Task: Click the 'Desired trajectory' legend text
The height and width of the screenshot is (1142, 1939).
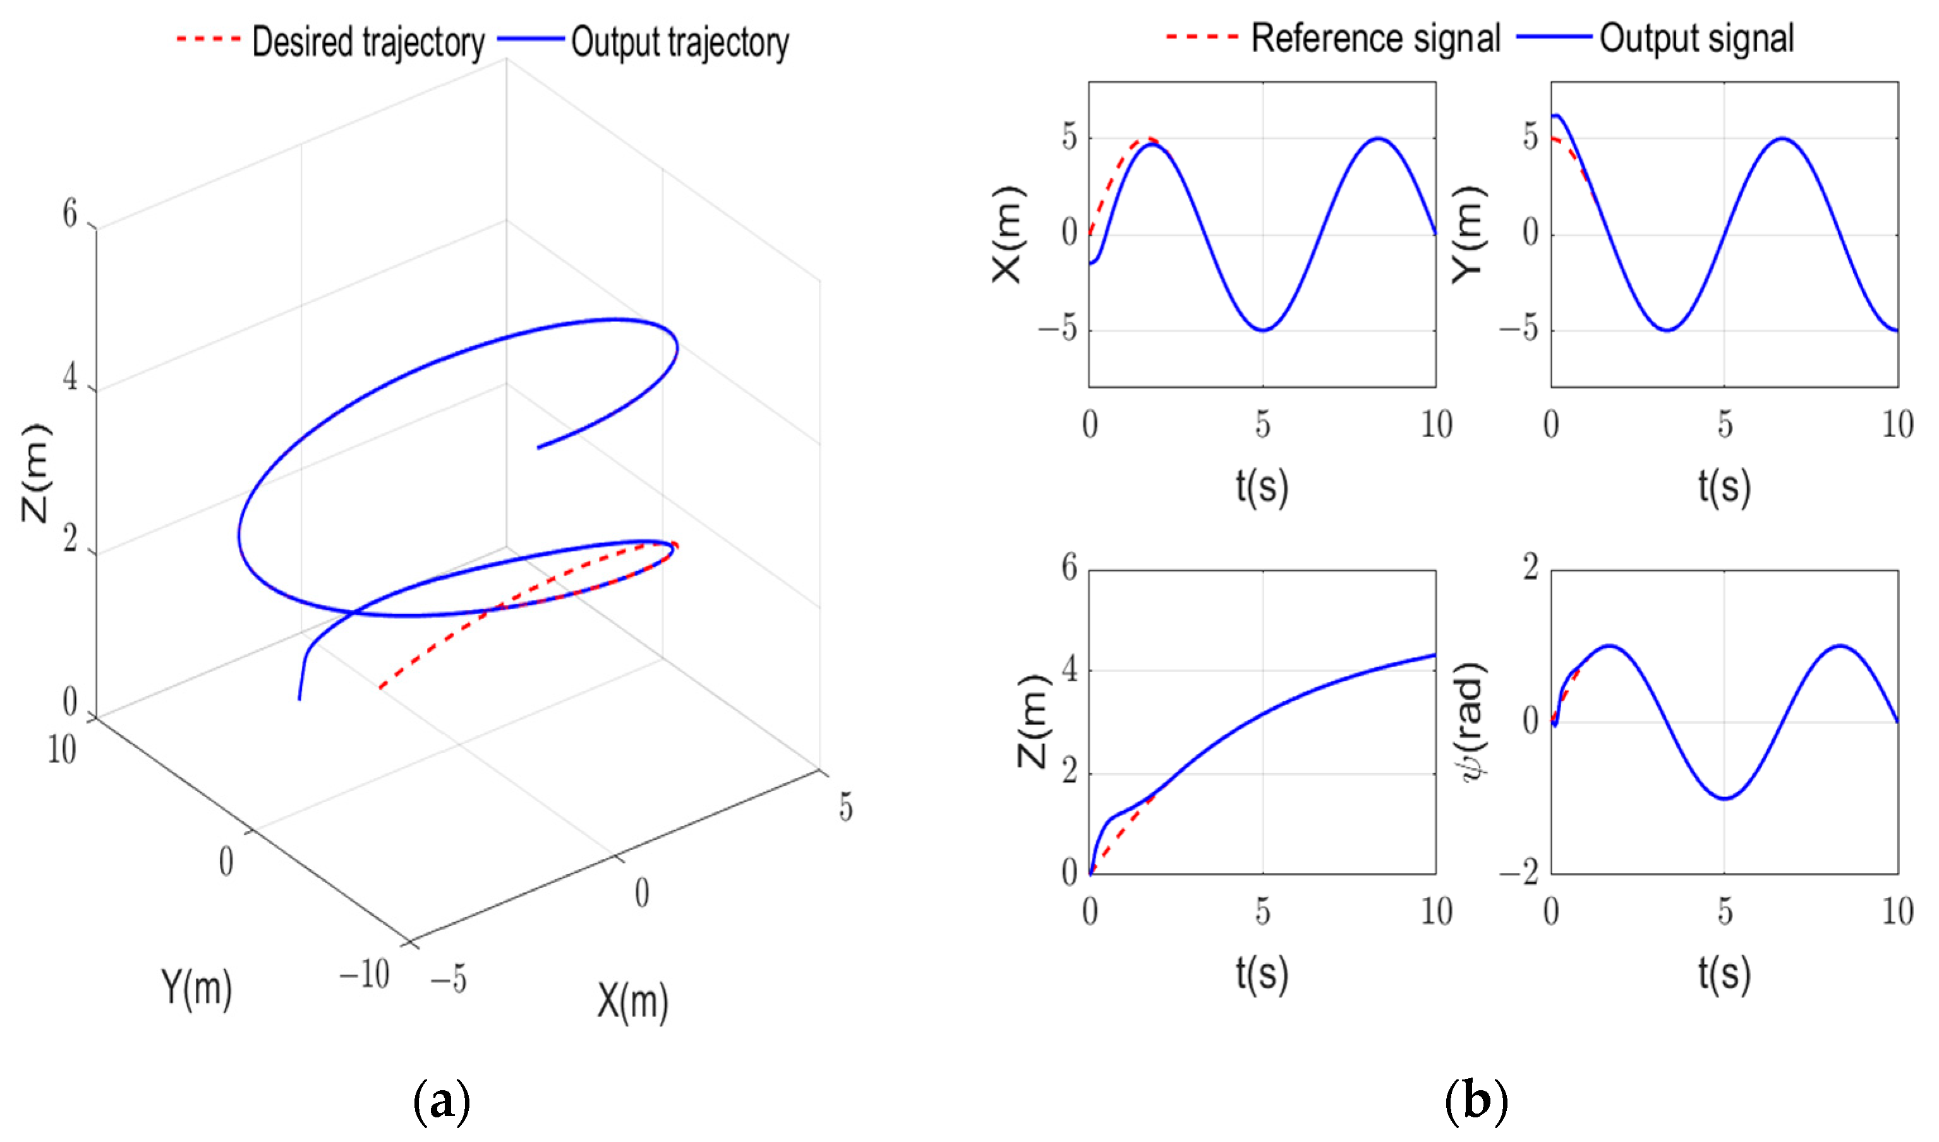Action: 368,42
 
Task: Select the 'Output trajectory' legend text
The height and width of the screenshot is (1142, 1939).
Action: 680,42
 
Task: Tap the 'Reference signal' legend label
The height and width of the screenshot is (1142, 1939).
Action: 1375,39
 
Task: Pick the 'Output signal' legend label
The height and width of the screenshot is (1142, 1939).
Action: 1696,39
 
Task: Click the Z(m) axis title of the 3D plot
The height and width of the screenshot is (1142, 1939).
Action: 35,472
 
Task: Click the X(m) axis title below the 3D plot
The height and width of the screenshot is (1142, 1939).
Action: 632,1002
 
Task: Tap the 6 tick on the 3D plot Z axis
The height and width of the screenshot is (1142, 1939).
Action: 70,214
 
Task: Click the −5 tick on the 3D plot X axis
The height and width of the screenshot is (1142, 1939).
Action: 448,980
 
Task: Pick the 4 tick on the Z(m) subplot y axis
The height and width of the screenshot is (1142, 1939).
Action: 1069,670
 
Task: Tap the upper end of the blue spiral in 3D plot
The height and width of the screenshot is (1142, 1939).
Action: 538,447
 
